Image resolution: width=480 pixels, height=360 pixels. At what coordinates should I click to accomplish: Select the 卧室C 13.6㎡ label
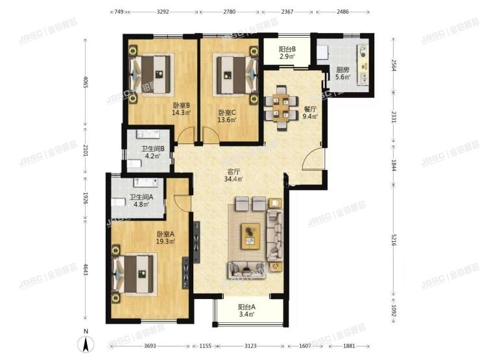227,115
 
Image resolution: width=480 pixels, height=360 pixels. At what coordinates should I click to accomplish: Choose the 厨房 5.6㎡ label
343,73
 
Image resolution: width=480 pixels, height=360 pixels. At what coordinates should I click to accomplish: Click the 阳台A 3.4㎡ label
246,311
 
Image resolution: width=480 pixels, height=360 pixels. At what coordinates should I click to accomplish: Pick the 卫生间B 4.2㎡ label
153,152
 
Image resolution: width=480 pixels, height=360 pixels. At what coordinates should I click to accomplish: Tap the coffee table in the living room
250,235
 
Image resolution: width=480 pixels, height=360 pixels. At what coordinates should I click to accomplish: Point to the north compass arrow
86,342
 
